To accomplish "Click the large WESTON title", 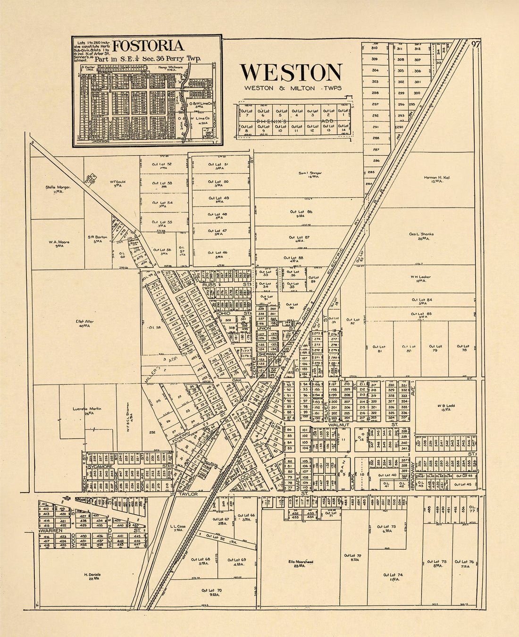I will pos(291,73).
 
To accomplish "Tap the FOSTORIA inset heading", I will pos(148,46).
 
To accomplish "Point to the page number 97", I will pos(476,44).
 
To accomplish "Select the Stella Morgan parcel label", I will pos(58,187).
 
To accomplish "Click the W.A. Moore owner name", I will pos(59,242).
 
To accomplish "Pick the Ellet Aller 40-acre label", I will pos(85,322).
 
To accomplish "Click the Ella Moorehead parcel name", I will pos(301,562).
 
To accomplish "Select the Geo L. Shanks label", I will pos(421,234).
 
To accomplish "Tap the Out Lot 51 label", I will pos(218,164).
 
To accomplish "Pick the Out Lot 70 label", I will pos(211,590).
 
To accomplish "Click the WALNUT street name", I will pos(338,425).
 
